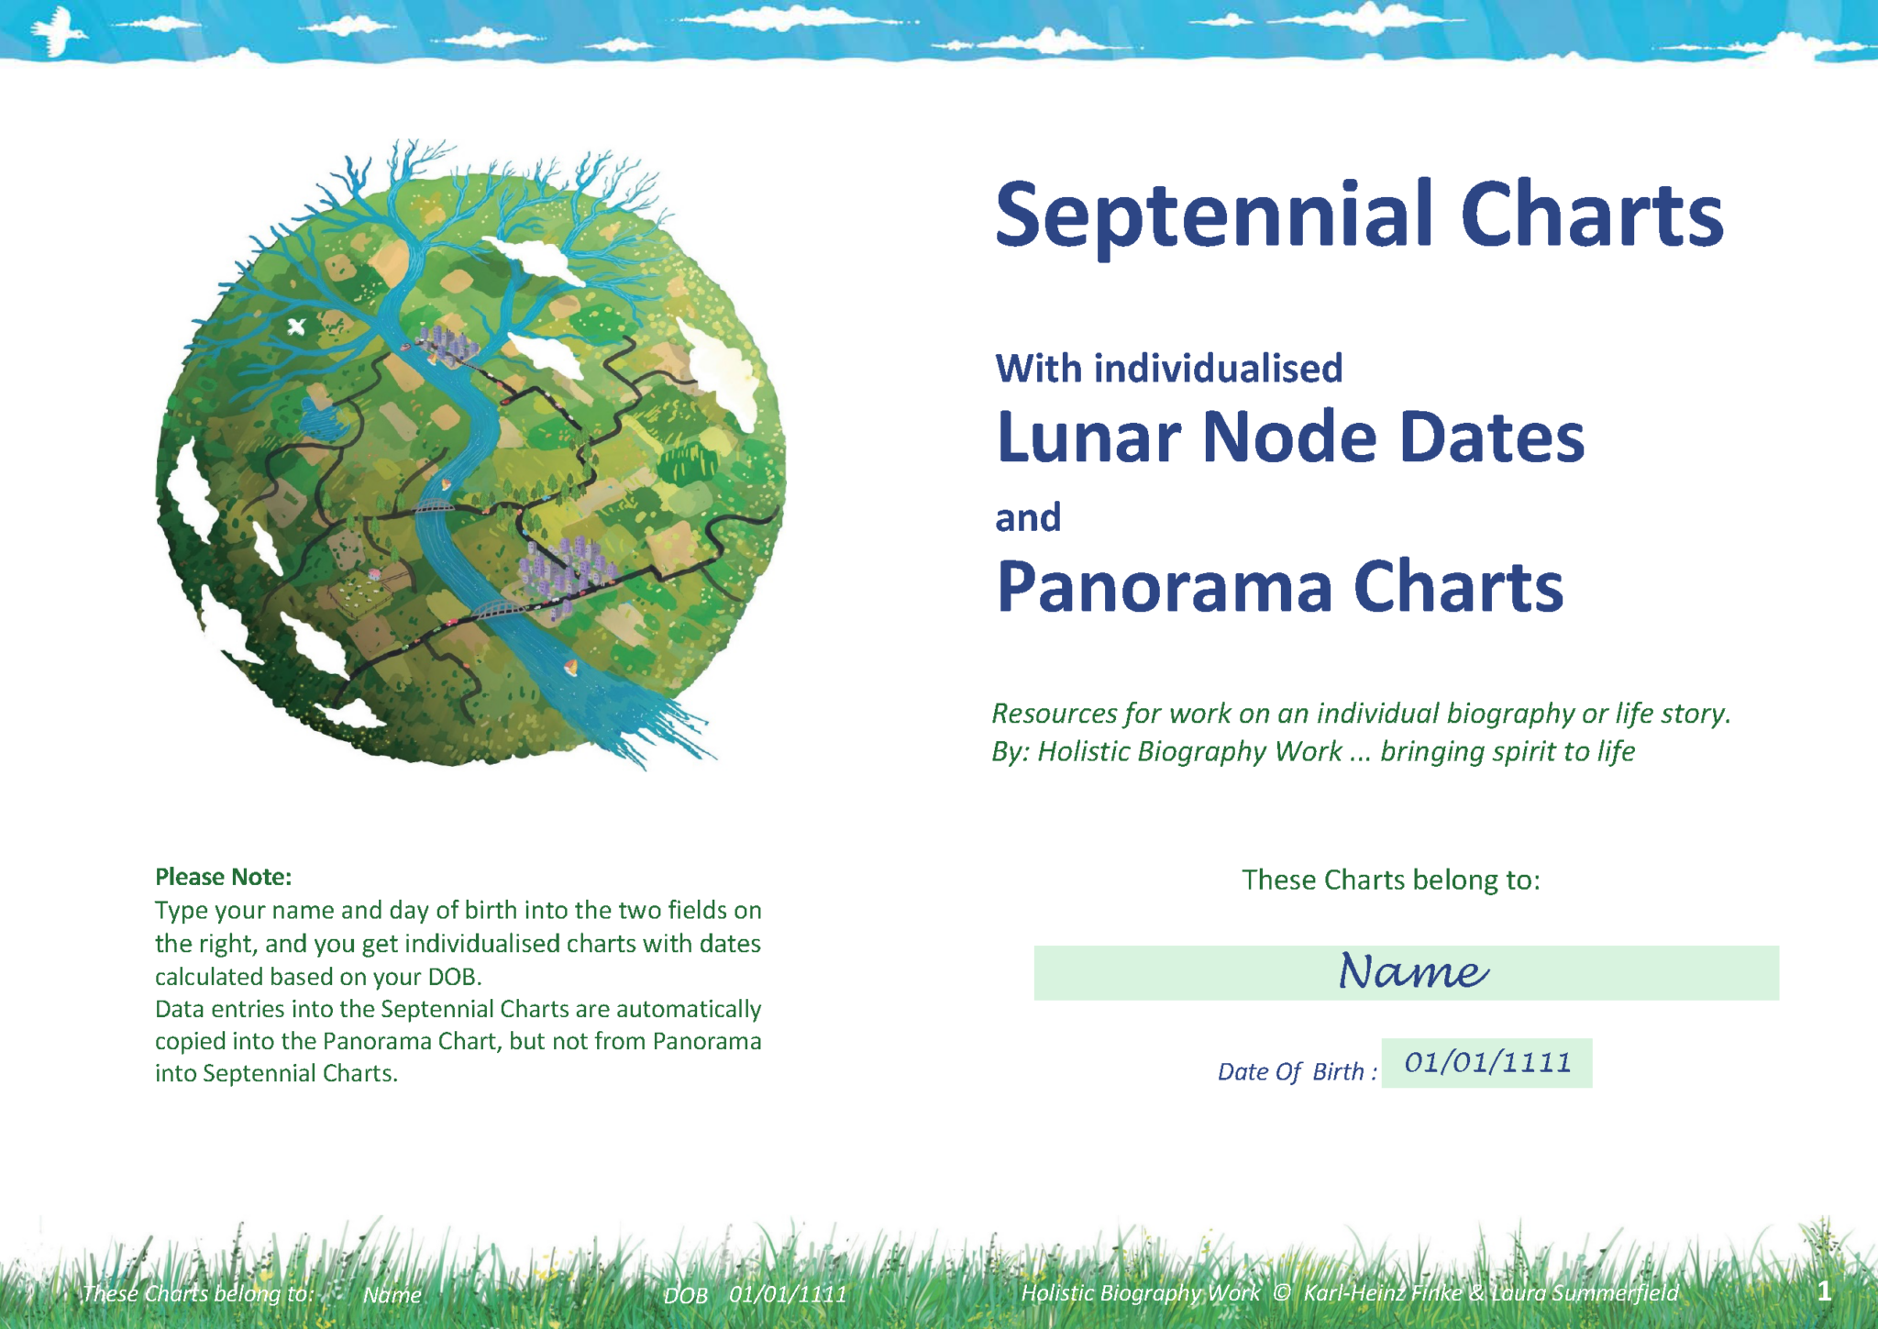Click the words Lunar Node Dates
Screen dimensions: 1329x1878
coord(1289,437)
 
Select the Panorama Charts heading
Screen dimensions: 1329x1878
coord(1279,587)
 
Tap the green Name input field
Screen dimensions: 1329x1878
coord(1406,972)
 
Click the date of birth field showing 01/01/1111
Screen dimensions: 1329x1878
coord(1486,1063)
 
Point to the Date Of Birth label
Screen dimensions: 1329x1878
coord(1296,1071)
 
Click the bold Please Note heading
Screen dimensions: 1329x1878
coord(223,877)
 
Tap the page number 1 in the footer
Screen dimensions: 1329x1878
coord(1824,1291)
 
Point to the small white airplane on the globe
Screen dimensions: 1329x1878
coord(296,326)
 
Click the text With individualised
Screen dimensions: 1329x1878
coord(1168,369)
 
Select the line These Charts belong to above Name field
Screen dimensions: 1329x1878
coord(1390,880)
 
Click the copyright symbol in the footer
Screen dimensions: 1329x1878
coord(1282,1293)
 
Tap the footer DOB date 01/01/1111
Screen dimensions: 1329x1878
coord(788,1295)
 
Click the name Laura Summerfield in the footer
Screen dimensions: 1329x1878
coord(1585,1293)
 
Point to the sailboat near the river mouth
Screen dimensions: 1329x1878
coord(570,668)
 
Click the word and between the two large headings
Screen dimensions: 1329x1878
coord(1028,518)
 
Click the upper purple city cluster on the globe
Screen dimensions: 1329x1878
coord(447,345)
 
